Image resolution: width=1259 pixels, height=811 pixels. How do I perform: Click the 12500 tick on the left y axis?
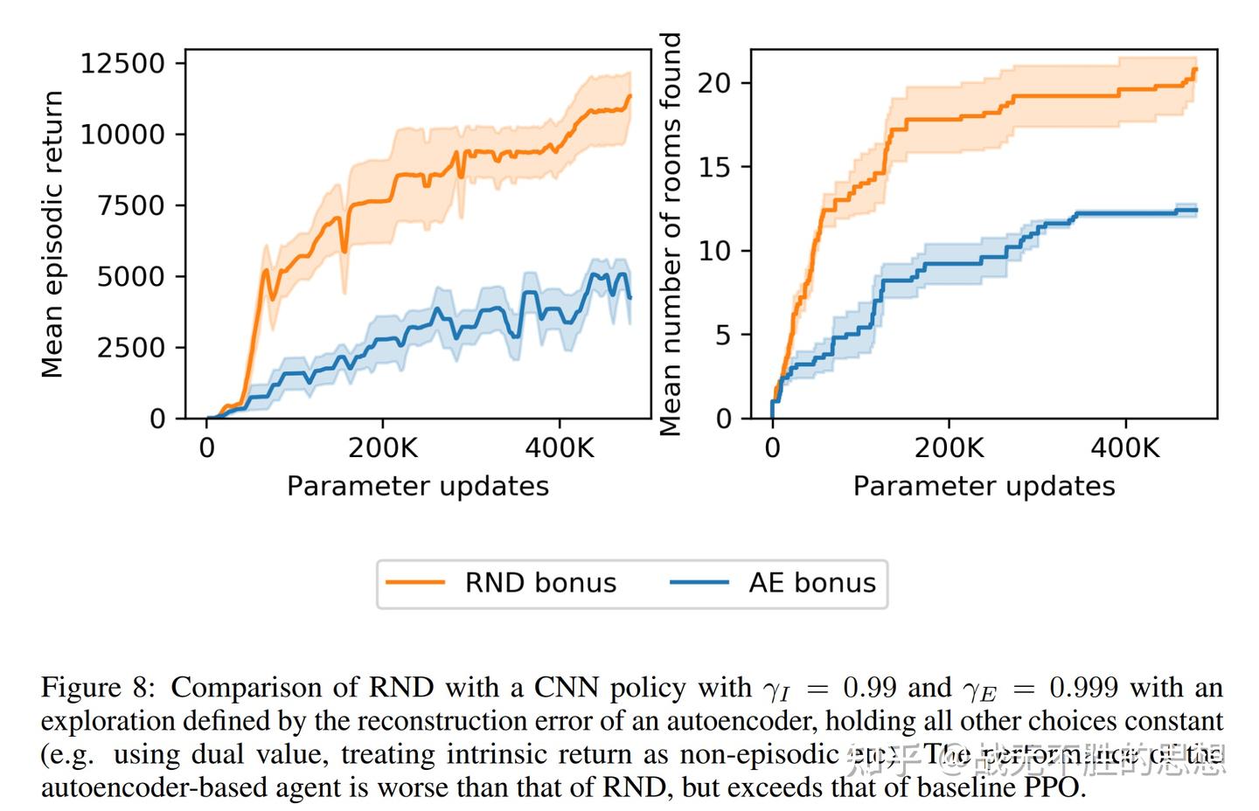coord(122,64)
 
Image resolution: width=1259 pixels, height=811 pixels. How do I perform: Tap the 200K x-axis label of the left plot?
coord(383,448)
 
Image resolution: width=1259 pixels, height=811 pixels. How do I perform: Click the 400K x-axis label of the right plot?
coord(1124,448)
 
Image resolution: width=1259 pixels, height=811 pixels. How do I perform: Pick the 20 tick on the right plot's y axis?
coord(714,83)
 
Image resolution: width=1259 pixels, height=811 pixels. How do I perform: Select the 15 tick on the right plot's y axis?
coord(714,167)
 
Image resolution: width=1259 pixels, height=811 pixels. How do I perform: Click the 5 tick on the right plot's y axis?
coord(722,335)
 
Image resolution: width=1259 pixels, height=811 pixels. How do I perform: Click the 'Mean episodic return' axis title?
coord(52,234)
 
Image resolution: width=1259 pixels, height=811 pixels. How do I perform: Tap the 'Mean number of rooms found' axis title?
coord(670,234)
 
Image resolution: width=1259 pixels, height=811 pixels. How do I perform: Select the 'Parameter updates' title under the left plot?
coord(418,486)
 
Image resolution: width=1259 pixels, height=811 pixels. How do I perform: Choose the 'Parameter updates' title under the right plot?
coord(984,486)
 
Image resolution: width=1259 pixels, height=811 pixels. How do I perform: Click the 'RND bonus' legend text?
coord(540,583)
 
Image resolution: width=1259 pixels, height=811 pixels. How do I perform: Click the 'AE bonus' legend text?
coord(811,583)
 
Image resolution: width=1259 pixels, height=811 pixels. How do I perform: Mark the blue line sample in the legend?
coord(699,583)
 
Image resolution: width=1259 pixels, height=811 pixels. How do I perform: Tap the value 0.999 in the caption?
coord(1083,688)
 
